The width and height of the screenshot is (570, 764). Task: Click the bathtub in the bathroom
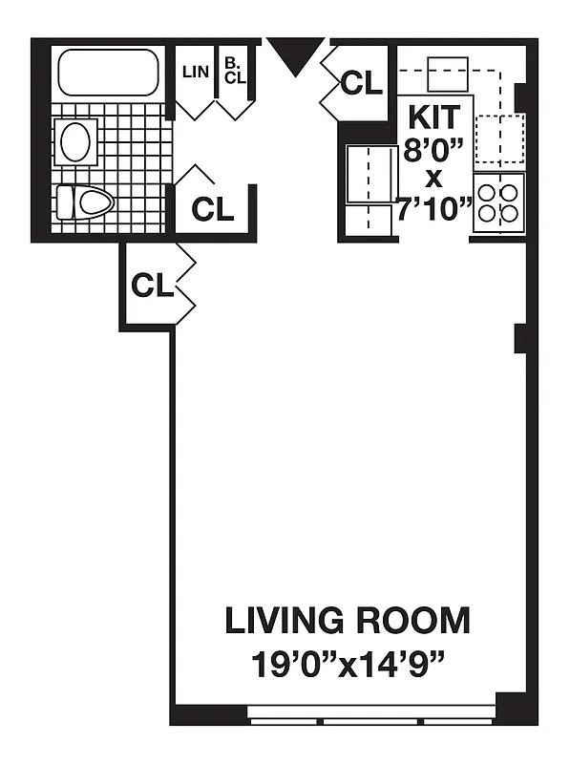pyautogui.click(x=107, y=72)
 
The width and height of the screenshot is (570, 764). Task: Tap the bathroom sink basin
pyautogui.click(x=76, y=141)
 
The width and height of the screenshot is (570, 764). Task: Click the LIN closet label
pyautogui.click(x=195, y=71)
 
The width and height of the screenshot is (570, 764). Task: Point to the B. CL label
pyautogui.click(x=235, y=71)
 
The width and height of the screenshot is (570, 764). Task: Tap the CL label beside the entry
pyautogui.click(x=361, y=84)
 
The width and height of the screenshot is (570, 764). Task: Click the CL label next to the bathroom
pyautogui.click(x=212, y=209)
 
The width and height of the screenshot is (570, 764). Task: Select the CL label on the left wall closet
pyautogui.click(x=153, y=285)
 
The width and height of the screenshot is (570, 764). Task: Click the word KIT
pyautogui.click(x=434, y=117)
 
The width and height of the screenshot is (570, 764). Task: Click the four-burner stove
pyautogui.click(x=499, y=203)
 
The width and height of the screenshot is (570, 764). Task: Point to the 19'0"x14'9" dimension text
pyautogui.click(x=348, y=662)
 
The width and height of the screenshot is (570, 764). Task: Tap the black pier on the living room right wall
pyautogui.click(x=520, y=337)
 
